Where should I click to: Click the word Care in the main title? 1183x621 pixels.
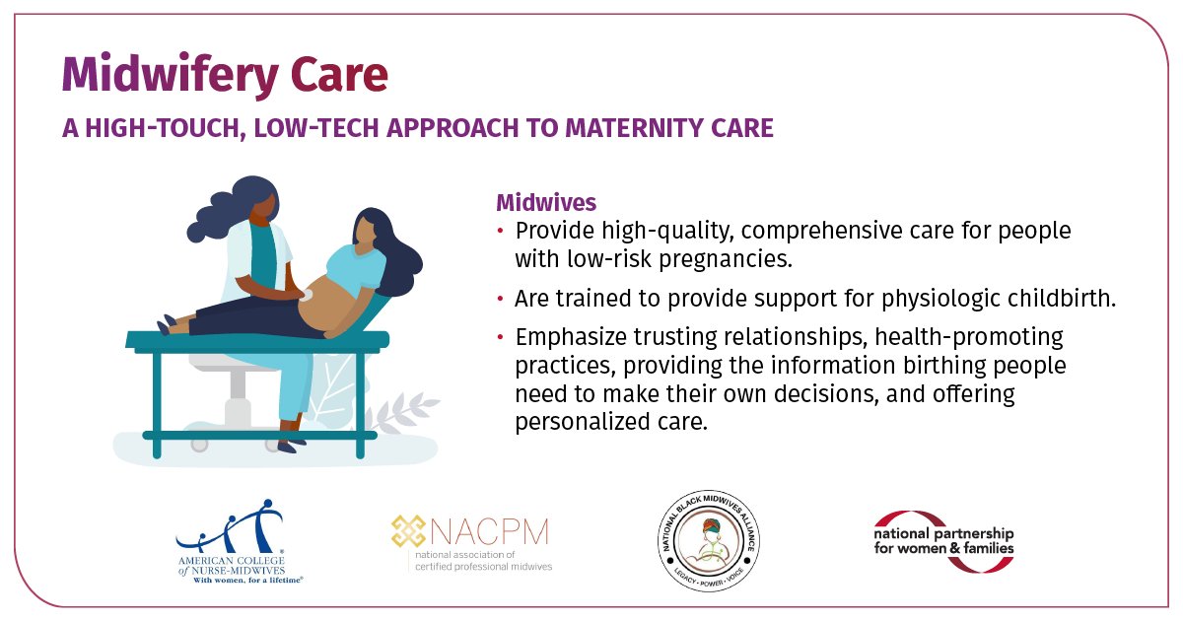point(336,76)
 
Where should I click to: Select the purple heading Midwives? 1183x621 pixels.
point(545,203)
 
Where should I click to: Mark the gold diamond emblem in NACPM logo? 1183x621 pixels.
point(407,533)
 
